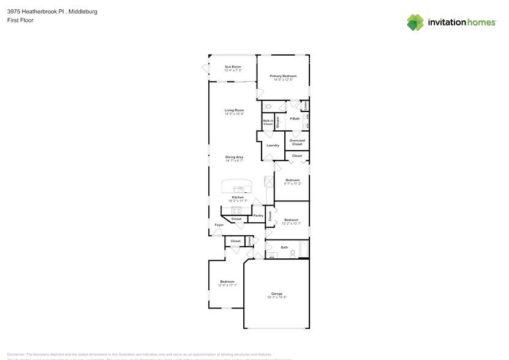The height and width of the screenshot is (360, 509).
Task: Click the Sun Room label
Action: pyautogui.click(x=232, y=66)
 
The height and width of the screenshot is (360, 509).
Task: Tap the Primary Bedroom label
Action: pyautogui.click(x=283, y=76)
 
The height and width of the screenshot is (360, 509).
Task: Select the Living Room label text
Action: pyautogui.click(x=234, y=110)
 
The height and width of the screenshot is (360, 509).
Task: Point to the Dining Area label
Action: pyautogui.click(x=234, y=157)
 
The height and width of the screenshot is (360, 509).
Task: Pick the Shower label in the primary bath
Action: pyautogui.click(x=277, y=121)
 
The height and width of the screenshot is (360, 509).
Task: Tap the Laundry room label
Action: pyautogui.click(x=273, y=145)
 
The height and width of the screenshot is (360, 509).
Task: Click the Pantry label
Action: pyautogui.click(x=258, y=216)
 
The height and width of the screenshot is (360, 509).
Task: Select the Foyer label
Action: pyautogui.click(x=219, y=225)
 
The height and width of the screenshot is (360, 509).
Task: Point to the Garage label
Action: pyautogui.click(x=277, y=293)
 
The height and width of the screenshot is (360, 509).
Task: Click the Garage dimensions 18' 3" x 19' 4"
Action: pyautogui.click(x=277, y=298)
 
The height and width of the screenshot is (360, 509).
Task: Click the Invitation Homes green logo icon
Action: pyautogui.click(x=415, y=22)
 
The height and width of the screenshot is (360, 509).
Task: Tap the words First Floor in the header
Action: pyautogui.click(x=20, y=20)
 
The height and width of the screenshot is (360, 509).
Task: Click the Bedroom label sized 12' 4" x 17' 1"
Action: pyautogui.click(x=227, y=282)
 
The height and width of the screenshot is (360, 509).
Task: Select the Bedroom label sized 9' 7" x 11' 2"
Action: pyautogui.click(x=292, y=180)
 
